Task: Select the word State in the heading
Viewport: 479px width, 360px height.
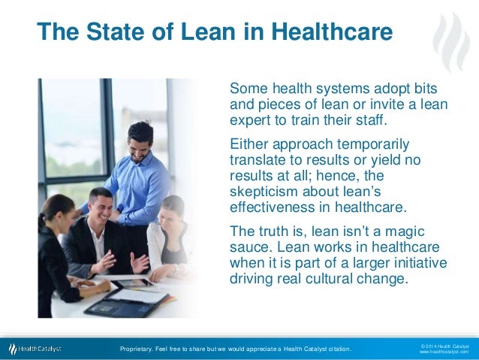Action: (x=115, y=32)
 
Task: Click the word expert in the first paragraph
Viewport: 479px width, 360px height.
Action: (x=249, y=120)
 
